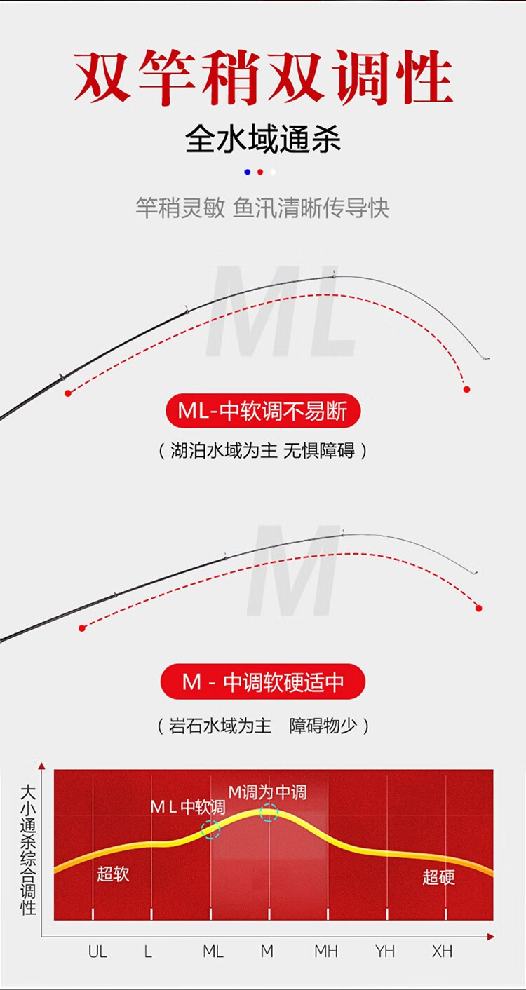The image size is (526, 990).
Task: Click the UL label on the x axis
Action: (x=97, y=951)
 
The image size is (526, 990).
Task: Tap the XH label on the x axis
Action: (x=442, y=951)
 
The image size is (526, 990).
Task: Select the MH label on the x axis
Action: (x=326, y=951)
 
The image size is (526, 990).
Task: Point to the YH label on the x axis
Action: (x=385, y=951)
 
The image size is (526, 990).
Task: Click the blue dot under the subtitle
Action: (x=248, y=172)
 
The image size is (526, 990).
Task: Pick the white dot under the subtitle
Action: (x=273, y=172)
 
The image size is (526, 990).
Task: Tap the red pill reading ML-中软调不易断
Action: (x=263, y=411)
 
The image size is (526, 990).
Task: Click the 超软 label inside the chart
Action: (x=113, y=874)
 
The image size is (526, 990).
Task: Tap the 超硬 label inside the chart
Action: (x=438, y=877)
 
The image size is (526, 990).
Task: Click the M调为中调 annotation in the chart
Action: (x=267, y=792)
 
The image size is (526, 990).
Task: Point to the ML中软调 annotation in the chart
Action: (x=188, y=807)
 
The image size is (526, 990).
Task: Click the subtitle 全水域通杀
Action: (x=263, y=140)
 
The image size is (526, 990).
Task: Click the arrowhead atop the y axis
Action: (x=41, y=766)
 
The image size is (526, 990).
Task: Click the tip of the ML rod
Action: (x=488, y=358)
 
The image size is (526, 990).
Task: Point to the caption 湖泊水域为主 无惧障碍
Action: (x=263, y=451)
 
